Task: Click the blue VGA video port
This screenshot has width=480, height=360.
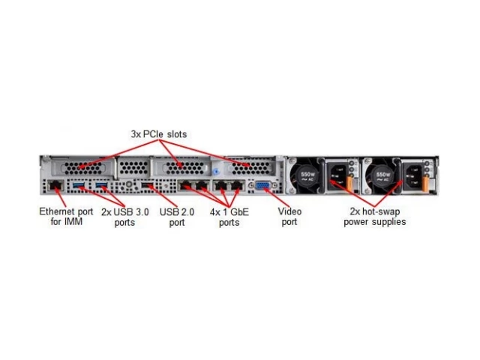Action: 263,185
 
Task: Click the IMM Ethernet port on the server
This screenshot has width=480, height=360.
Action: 55,185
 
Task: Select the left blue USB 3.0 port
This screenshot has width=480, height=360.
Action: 78,184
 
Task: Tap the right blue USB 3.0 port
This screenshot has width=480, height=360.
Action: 101,184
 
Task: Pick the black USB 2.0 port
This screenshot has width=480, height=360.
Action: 148,185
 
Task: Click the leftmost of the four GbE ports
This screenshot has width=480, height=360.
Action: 185,185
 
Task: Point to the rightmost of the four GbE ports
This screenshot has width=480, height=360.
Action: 237,185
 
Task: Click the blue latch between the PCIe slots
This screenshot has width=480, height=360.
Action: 217,172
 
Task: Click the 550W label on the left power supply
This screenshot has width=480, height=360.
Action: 307,176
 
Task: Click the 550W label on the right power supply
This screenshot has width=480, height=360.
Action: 382,176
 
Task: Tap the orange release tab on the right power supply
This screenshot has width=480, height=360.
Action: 425,184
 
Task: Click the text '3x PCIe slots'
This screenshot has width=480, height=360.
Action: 159,134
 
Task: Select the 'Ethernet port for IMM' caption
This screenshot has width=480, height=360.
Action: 66,217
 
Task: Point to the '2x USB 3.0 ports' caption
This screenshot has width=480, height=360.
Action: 125,217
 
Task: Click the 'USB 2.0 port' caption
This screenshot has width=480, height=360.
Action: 177,217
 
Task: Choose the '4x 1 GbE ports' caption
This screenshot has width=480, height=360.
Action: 229,217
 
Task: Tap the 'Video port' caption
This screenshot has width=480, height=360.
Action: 289,217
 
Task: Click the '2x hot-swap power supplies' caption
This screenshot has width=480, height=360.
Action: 375,217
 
